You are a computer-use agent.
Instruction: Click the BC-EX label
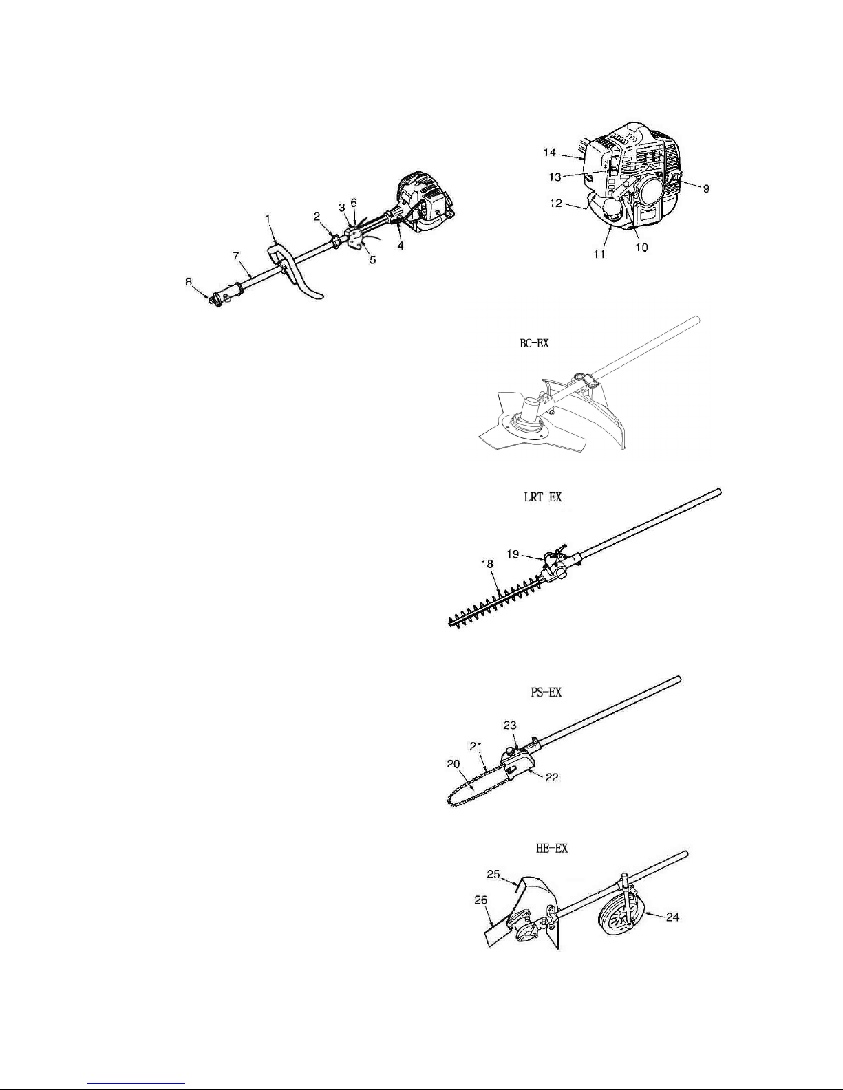pos(534,344)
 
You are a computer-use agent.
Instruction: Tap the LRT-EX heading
pos(542,497)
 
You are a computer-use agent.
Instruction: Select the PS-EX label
pos(546,693)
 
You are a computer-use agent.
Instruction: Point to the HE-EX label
pos(551,848)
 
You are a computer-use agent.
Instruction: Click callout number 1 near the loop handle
pos(268,219)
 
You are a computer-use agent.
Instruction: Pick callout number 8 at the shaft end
pos(189,282)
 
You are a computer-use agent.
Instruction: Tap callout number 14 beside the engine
pos(549,152)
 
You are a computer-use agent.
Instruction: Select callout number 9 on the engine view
pos(706,188)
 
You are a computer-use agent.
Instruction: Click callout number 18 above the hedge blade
pos(487,564)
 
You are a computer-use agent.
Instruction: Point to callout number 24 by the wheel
pos(672,917)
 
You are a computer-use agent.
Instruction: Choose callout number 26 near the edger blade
pos(481,900)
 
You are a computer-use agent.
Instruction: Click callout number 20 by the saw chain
pos(453,764)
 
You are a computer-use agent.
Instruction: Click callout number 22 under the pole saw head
pos(551,777)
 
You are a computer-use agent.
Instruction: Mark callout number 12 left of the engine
pos(555,204)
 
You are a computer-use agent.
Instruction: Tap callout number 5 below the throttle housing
pos(372,260)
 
